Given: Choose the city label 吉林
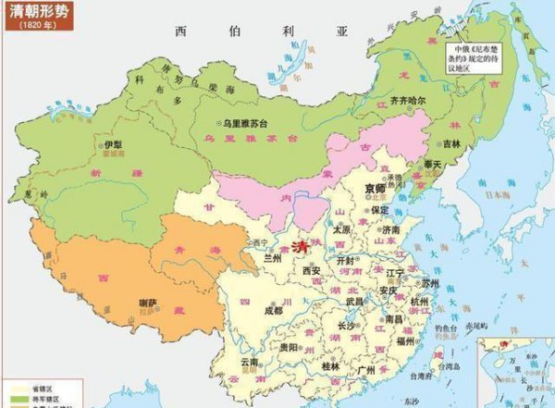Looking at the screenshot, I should [x=450, y=143].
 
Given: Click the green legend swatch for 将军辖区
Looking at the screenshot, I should [x=13, y=399].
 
